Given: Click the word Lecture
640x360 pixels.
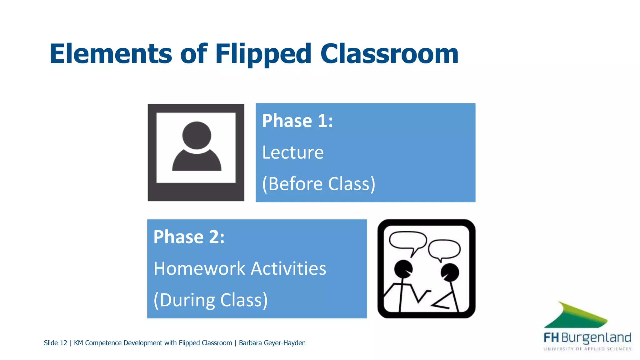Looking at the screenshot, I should [293, 152].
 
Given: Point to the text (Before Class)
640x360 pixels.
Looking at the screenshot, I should [318, 184].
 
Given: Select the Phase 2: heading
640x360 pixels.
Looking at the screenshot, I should [189, 237].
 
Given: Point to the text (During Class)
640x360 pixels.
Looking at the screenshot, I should [211, 300].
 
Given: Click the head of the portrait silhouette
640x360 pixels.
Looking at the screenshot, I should [197, 135].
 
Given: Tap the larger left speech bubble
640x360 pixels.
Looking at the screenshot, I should [407, 240].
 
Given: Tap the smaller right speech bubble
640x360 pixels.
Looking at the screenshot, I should [444, 249].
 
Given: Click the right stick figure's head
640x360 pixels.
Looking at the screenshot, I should [450, 272].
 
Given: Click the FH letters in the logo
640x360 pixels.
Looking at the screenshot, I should [551, 338].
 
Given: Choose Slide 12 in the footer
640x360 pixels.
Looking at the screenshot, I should [55, 343].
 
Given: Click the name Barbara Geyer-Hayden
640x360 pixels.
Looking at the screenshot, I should [272, 343].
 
